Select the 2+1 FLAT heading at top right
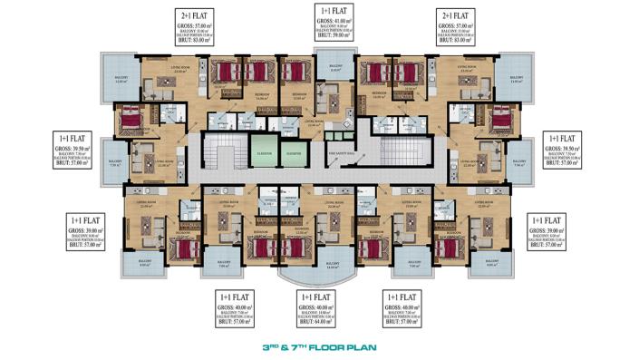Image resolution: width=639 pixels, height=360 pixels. point(456,16)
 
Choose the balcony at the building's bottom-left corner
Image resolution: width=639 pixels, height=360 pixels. point(145,265)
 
